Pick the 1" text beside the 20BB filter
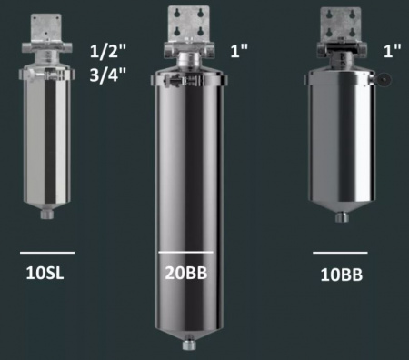238,54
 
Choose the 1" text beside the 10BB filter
394,53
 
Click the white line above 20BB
185,252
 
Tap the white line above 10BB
340,252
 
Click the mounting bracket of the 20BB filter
186,27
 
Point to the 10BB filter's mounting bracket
341,27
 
